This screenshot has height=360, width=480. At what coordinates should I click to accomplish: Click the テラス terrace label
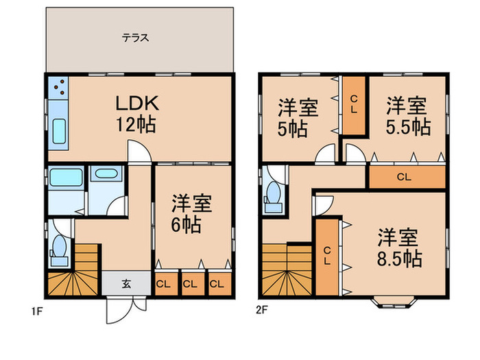135,38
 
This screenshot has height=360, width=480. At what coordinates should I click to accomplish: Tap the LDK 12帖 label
137,113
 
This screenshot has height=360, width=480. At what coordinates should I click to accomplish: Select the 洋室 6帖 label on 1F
191,214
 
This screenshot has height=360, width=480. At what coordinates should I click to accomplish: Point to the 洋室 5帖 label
298,118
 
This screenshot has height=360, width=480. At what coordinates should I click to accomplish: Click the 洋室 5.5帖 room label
408,116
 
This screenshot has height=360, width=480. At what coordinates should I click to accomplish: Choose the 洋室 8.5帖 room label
399,248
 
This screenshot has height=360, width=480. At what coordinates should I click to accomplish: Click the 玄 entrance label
126,284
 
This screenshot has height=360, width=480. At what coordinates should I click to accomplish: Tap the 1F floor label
36,311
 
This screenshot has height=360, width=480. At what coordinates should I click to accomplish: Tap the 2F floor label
262,310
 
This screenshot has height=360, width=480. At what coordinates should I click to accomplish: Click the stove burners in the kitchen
59,87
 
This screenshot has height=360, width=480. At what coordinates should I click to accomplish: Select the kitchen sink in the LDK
59,131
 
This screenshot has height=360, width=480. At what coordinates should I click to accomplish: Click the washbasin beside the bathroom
106,173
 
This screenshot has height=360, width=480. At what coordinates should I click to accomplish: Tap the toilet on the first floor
59,250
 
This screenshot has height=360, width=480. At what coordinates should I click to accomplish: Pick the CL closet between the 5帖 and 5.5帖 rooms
354,106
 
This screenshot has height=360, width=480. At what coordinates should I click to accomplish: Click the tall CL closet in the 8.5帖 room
327,257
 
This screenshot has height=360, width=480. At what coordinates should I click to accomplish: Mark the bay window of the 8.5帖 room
394,302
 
